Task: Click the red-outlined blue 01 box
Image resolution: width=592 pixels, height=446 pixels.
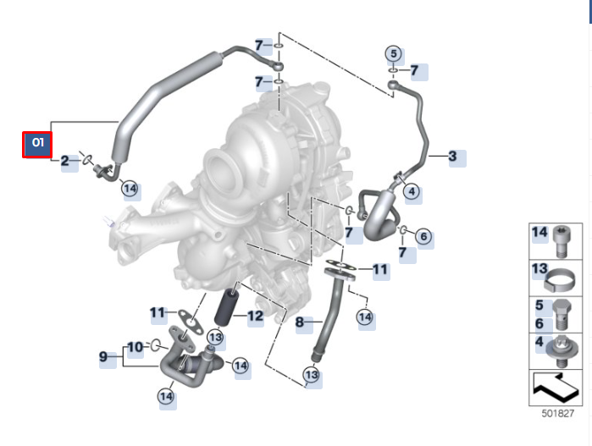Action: pos(37,143)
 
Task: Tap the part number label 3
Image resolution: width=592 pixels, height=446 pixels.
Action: pos(452,157)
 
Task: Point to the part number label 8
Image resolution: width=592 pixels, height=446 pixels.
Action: pos(299,322)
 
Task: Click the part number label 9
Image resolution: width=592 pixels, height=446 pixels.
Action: pos(104,357)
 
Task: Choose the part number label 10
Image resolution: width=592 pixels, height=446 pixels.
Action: pos(136,346)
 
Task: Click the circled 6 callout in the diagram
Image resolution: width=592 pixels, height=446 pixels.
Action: pos(424,237)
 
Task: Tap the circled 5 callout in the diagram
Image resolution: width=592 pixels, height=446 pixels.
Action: pos(393,53)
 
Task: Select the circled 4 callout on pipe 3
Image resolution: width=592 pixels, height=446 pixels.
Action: pos(412,192)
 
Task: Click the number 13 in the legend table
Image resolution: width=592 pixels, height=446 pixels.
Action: pos(539,269)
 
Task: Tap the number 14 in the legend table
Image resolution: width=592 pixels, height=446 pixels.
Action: pos(539,233)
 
